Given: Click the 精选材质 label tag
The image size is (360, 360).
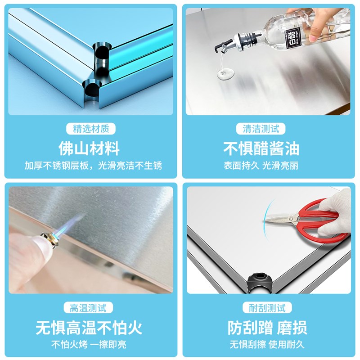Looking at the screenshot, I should click(91, 129).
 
